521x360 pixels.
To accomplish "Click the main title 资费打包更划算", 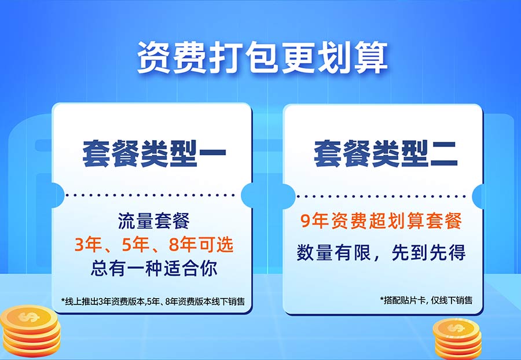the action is pos(262,57).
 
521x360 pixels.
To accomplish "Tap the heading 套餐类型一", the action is pos(154,153).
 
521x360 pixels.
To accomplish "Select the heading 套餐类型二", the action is pos(386,153).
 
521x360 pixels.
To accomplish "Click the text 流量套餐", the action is pos(154,221).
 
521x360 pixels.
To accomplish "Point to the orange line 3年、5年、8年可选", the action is pos(154,245).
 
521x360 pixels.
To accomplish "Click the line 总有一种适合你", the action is pos(154,269).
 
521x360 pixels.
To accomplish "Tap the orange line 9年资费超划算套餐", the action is pos(381,221).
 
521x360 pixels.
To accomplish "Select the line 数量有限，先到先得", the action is pos(381,253).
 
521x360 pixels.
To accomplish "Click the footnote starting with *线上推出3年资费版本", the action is pos(153,301).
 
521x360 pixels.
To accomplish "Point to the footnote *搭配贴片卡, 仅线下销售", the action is pos(426,300).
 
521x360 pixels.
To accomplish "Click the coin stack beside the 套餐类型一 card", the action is pos(31,332).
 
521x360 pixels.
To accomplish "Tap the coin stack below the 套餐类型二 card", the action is pos(457,339).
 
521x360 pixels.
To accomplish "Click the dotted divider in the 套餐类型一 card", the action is pos(150,195).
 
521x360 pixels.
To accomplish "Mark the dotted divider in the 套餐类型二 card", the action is pos(381,196).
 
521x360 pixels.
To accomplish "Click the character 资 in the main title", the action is pos(154,57).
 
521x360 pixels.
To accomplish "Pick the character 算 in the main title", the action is pos(371,57).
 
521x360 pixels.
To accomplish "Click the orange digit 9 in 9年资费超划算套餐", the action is pos(305,221).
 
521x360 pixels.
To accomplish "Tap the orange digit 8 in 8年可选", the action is pos(174,245).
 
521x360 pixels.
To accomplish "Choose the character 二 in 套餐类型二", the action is pos(444,154).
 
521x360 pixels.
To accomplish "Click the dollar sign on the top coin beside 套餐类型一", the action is pos(30,317).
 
